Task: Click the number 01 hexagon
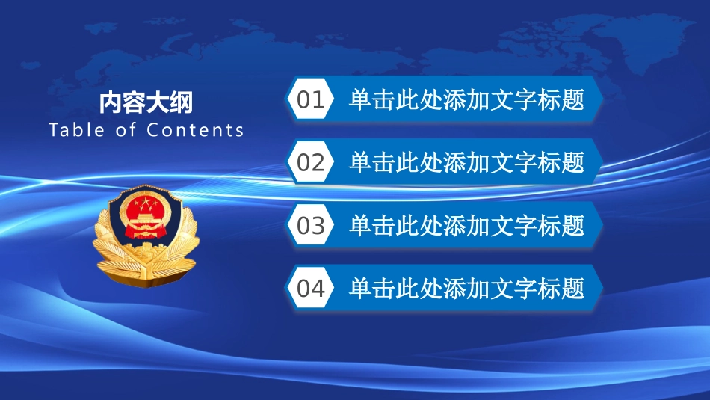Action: [311, 99]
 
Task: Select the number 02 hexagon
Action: [311, 161]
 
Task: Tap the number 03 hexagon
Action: [311, 225]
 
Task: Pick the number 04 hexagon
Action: [311, 288]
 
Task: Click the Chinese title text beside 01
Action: [467, 99]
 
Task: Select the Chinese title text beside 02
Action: [467, 162]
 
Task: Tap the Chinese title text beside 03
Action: [467, 225]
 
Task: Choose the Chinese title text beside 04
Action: [467, 288]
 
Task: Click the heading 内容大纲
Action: [146, 102]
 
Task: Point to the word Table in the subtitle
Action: [76, 129]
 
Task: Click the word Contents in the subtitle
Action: [195, 130]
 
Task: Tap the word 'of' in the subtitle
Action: [126, 129]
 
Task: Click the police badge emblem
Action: [146, 236]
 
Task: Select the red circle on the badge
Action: [145, 213]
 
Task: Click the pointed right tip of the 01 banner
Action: [602, 99]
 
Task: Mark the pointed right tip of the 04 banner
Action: [602, 288]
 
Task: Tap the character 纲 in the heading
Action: [182, 102]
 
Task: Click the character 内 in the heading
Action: [111, 102]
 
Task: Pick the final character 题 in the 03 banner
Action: [573, 225]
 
